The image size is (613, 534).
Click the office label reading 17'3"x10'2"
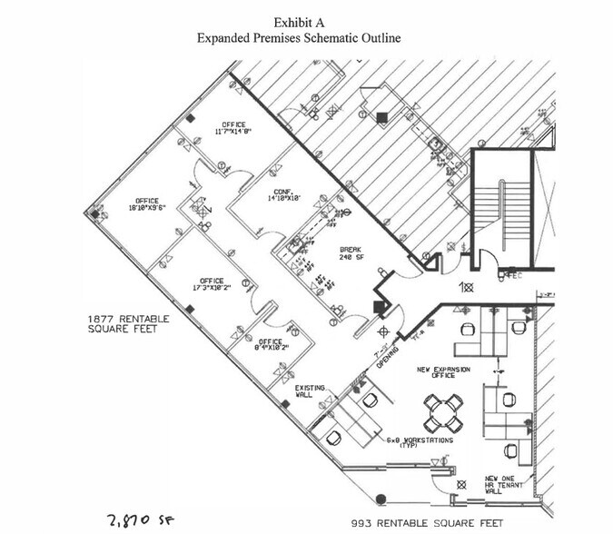coord(212,284)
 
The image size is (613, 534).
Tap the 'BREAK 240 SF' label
coord(351,252)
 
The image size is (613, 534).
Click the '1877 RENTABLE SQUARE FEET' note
coord(123,324)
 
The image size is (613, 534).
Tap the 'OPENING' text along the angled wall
coord(386,357)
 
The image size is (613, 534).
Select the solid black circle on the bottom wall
coord(381,498)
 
